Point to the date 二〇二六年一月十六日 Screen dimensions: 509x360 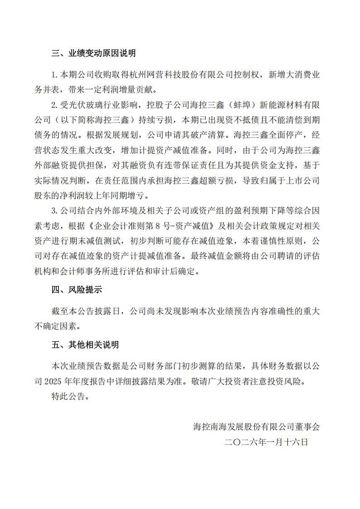tap(266, 442)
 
